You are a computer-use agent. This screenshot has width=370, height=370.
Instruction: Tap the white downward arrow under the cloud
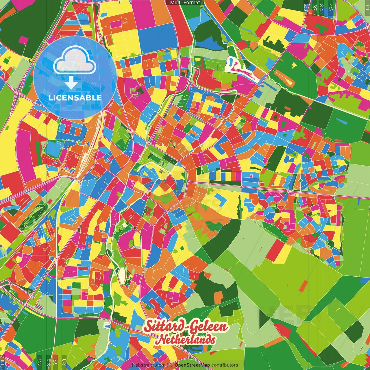coord(71,83)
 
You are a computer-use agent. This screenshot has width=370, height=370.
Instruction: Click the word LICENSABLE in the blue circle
coord(75,98)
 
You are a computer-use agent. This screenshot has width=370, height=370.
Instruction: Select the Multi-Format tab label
coord(185,3)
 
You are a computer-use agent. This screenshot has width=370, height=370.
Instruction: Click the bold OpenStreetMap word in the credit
coord(192,365)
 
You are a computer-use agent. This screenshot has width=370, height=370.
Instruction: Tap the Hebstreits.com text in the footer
coord(149,365)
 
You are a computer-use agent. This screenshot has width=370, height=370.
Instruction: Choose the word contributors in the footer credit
coord(225,365)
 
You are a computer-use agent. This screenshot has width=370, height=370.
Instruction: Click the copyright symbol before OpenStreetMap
coord(171,365)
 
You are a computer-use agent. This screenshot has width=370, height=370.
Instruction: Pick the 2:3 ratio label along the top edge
coord(306,7)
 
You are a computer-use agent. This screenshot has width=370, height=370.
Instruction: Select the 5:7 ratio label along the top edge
coord(314,7)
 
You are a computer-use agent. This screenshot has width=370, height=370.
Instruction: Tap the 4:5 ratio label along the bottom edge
coord(39,362)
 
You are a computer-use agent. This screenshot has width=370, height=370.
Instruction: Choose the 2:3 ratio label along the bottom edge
coord(64,362)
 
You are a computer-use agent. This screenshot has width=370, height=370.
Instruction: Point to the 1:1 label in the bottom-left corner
coord(3,362)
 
